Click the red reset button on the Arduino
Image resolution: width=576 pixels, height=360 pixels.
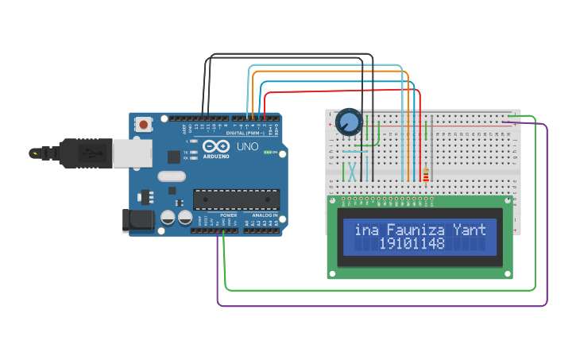(144, 124)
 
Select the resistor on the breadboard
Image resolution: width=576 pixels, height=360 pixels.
(426, 174)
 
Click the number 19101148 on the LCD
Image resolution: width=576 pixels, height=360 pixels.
(412, 244)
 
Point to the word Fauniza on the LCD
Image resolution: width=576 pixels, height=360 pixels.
(416, 230)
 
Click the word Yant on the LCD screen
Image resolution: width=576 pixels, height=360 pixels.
(469, 230)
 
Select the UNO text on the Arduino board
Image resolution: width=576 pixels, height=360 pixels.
(248, 147)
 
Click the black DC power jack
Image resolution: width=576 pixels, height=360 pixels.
(137, 221)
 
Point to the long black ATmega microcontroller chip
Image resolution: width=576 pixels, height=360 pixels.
(237, 201)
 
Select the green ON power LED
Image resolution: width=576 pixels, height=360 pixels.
(269, 152)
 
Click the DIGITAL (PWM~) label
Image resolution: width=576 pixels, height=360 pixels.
(245, 133)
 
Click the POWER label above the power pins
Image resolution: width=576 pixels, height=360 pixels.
(228, 215)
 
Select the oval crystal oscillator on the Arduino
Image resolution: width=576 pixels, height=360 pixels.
(172, 176)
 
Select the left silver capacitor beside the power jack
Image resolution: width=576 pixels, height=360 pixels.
(168, 216)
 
